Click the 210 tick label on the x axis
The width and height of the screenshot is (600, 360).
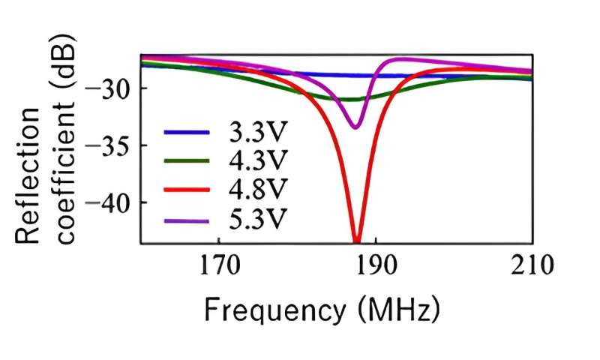pyautogui.click(x=532, y=265)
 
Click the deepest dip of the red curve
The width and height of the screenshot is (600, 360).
pyautogui.click(x=357, y=240)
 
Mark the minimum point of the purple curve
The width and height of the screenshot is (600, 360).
pyautogui.click(x=356, y=127)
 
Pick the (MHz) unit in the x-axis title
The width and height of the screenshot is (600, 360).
pyautogui.click(x=399, y=308)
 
